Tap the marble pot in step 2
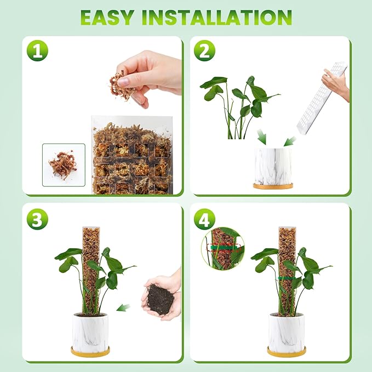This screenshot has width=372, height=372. click(272, 165)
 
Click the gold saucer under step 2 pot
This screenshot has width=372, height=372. click(272, 186)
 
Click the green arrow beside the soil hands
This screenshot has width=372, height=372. click(124, 307)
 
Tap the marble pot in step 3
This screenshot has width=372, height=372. click(90, 332)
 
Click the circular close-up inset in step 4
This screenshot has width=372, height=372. click(222, 248)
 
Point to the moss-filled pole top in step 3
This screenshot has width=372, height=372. click(91, 241)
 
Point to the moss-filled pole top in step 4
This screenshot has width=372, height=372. click(287, 241)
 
